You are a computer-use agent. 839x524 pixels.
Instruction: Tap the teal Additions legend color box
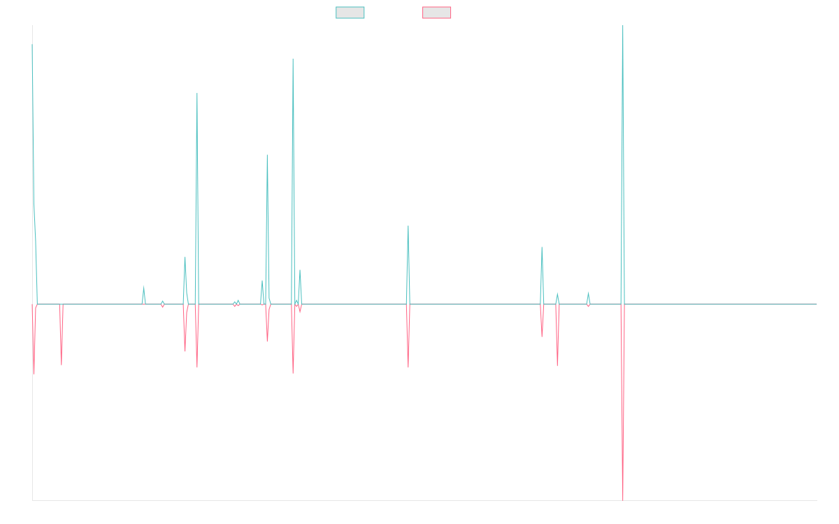[x=350, y=13]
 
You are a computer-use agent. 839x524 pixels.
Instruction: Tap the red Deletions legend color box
[x=437, y=13]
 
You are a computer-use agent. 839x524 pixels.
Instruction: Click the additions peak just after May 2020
[x=293, y=59]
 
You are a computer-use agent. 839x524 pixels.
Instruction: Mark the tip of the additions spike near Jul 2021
[x=408, y=226]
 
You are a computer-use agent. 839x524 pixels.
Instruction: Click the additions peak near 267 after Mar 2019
[x=197, y=94]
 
